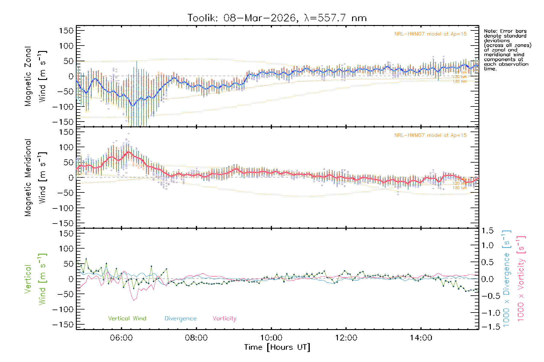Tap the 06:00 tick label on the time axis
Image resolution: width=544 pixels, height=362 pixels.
point(121,338)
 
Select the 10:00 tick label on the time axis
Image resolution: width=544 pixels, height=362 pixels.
point(271,338)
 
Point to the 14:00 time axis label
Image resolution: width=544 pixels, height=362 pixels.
point(421,338)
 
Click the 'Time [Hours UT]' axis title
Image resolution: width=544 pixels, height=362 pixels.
point(277,348)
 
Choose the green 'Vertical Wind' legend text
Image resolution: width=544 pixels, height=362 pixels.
point(127,319)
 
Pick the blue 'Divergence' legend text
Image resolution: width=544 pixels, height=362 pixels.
point(180,319)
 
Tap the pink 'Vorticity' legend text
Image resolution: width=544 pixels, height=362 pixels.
point(224,319)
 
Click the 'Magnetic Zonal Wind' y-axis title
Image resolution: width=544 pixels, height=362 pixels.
point(36,76)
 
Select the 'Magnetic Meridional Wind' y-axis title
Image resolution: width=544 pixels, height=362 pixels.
point(36,178)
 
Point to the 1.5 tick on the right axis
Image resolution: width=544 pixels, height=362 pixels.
point(487,231)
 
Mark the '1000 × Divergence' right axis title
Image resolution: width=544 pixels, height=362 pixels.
point(506,278)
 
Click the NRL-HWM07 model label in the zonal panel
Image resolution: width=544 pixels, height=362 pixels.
point(430,34)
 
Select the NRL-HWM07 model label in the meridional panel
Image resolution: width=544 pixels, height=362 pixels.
point(430,135)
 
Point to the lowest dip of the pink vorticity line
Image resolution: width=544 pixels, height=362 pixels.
point(134,300)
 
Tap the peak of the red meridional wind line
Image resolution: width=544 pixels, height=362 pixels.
point(129,151)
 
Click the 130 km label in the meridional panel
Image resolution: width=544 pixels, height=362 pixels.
point(459,188)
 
